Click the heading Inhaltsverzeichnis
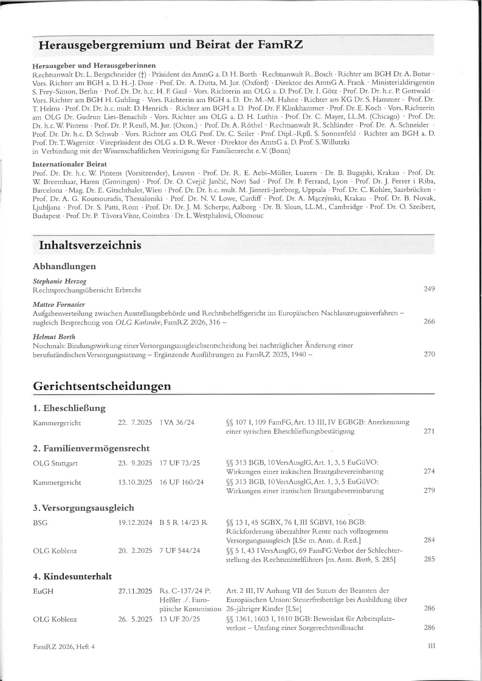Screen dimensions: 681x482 (x=90, y=245)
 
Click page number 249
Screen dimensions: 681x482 (x=429, y=289)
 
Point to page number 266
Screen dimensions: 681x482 (x=429, y=321)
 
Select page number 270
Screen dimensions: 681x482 (x=429, y=354)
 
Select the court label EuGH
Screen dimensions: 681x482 (x=43, y=590)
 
